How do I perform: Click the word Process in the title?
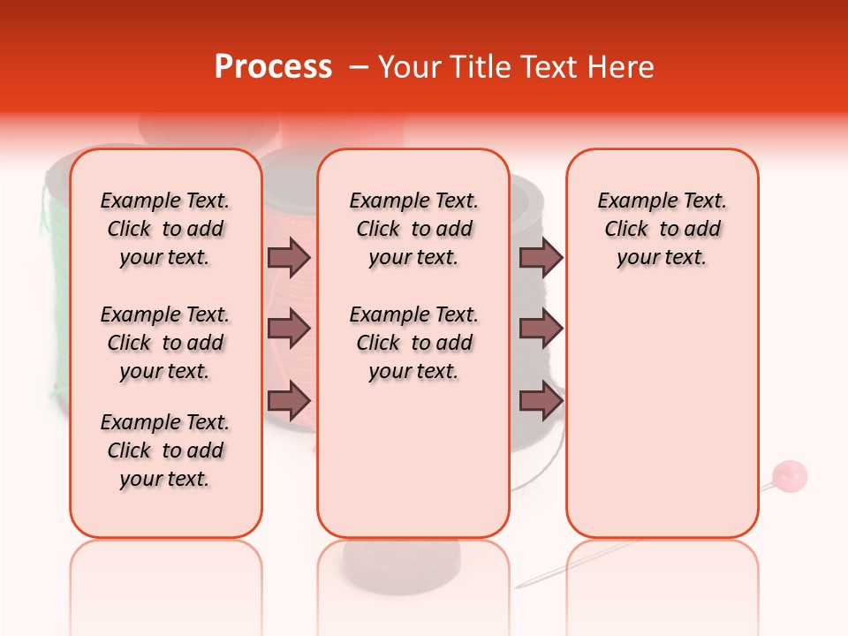[x=273, y=67]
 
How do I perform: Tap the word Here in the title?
[x=620, y=67]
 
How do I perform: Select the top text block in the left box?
[x=165, y=229]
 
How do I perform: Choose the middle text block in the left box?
[x=165, y=343]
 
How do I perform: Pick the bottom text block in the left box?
[x=165, y=450]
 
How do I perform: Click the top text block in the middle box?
[x=413, y=229]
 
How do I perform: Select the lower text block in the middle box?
[x=413, y=343]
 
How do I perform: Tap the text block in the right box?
[x=662, y=229]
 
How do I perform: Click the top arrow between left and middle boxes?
[x=289, y=257]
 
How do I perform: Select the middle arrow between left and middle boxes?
[x=289, y=329]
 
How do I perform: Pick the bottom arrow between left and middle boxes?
[x=289, y=402]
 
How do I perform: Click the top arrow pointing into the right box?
[x=541, y=257]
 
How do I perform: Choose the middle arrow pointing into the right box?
[x=541, y=329]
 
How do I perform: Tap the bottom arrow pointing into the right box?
[x=541, y=402]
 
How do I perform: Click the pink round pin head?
[x=789, y=476]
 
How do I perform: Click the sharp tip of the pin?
[x=518, y=586]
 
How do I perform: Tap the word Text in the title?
[x=552, y=67]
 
